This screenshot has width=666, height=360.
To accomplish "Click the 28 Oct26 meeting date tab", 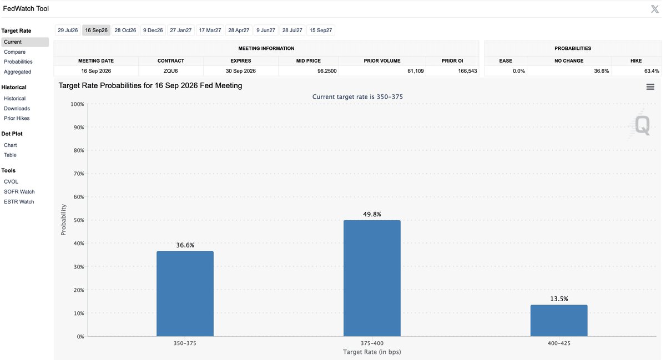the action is (125, 31).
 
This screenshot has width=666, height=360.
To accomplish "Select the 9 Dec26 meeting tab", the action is (153, 31).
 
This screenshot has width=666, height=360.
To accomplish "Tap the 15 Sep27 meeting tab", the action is (321, 31).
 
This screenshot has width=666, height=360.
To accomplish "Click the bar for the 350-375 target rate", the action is (185, 293).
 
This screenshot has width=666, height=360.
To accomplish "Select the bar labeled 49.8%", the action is (372, 278).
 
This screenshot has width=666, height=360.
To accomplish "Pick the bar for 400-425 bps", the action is (559, 321).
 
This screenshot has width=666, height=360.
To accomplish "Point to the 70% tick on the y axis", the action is (79, 174).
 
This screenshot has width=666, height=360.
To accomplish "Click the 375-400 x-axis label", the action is (372, 343).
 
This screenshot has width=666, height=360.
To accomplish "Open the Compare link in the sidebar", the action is (14, 52).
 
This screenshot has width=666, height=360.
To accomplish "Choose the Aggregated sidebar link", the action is (17, 72).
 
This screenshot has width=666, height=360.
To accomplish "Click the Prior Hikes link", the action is (17, 118).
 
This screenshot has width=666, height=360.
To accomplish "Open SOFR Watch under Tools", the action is (19, 192).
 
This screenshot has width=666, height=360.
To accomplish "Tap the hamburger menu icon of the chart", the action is (650, 87).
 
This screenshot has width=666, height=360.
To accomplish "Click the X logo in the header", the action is (655, 9).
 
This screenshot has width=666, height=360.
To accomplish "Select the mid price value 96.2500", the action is (327, 71).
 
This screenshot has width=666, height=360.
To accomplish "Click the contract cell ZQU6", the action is (171, 71).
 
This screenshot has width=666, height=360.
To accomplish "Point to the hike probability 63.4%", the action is (652, 71).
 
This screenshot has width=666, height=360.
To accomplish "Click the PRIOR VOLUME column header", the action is (382, 61).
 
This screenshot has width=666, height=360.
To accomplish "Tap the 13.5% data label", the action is (559, 299).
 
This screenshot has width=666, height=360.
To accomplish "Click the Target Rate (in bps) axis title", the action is (372, 352).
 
